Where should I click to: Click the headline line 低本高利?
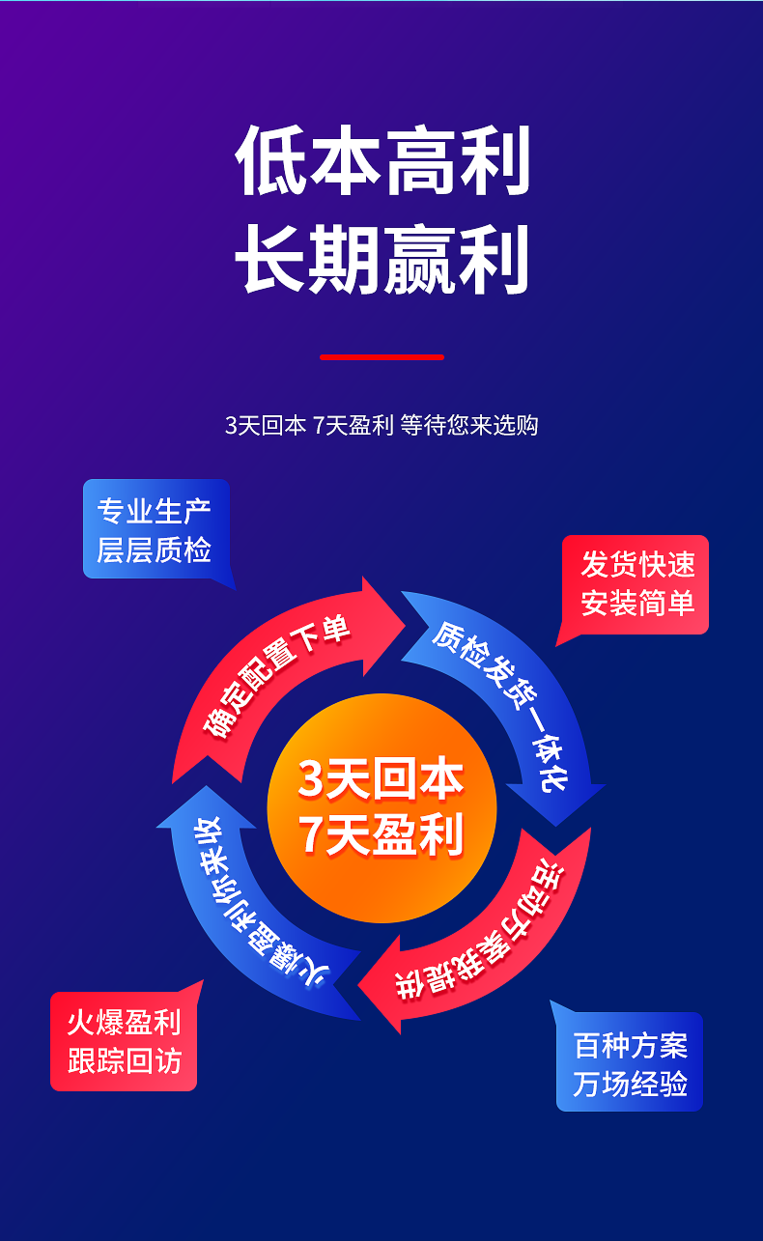[382, 161]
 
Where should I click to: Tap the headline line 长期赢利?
[382, 259]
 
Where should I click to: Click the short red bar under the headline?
[381, 357]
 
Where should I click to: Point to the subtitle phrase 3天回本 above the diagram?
[265, 425]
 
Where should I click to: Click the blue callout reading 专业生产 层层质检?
[155, 530]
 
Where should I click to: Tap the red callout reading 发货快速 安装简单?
[636, 584]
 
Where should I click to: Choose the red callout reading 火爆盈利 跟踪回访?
[124, 1042]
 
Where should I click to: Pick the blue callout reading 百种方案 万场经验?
[630, 1062]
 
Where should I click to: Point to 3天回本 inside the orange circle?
[381, 778]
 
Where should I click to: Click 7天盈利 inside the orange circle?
[381, 834]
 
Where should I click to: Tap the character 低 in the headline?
[271, 161]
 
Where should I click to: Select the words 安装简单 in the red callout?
[636, 604]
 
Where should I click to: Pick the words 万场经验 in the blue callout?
[630, 1083]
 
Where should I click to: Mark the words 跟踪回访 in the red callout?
[124, 1060]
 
